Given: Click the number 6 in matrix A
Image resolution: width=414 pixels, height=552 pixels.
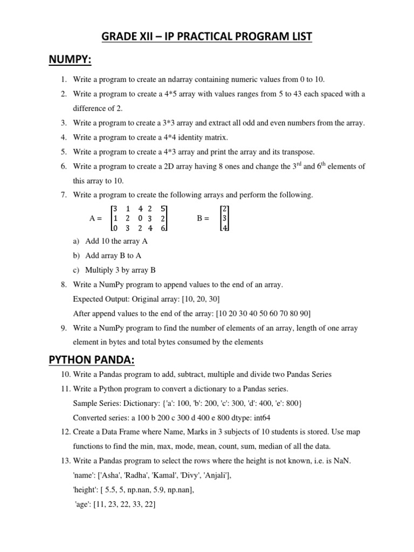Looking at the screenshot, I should (163, 229).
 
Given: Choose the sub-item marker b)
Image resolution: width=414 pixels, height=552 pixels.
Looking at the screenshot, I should (75, 256).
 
